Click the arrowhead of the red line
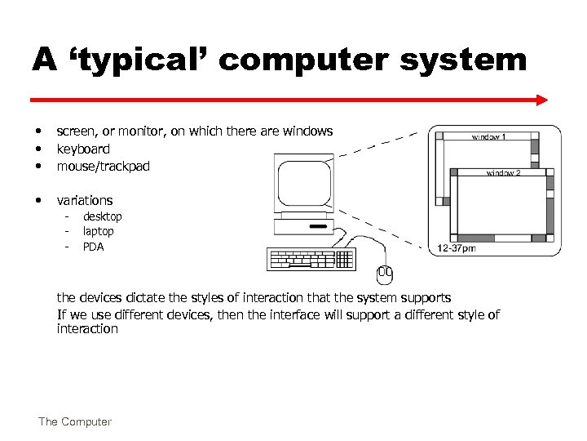(542, 100)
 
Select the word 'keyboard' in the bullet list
(83, 149)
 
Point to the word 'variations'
(85, 200)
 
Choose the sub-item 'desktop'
(103, 216)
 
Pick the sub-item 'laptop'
(99, 231)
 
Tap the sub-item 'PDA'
(94, 246)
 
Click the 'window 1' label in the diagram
(488, 137)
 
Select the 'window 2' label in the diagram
(503, 172)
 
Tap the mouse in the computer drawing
(384, 275)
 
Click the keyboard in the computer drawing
(311, 259)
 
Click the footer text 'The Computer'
(74, 421)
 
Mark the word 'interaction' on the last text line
(87, 329)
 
